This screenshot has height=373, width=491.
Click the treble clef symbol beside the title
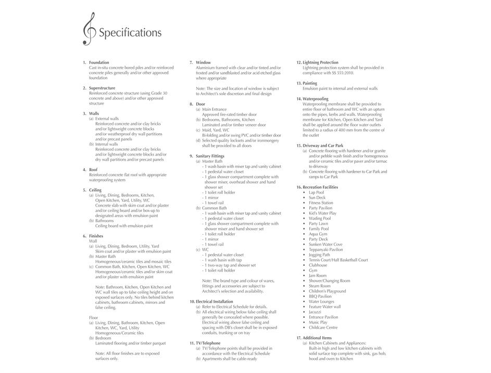tap(89, 29)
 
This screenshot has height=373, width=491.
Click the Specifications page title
tap(130, 33)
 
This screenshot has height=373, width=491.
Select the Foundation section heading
tap(99, 62)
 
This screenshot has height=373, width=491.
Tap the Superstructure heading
tap(102, 88)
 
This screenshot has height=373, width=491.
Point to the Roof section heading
tap(93, 170)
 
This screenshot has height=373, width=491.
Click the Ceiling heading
tap(95, 190)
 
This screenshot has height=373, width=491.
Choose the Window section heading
tap(203, 62)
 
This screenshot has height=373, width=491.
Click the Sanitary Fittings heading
tap(210, 156)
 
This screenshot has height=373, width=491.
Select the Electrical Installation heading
tap(214, 302)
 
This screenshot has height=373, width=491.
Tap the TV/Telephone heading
tap(208, 343)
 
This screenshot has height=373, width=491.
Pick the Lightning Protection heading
tap(320, 62)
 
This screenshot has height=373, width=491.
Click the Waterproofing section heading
tap(316, 99)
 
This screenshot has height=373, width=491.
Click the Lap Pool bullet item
tap(316, 192)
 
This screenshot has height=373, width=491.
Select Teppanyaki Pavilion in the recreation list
tap(325, 250)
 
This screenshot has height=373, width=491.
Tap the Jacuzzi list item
tap(316, 312)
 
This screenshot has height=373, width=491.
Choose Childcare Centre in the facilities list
tap(323, 328)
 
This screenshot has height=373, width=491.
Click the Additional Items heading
tap(317, 338)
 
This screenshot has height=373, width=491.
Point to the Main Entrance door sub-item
tap(214, 109)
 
